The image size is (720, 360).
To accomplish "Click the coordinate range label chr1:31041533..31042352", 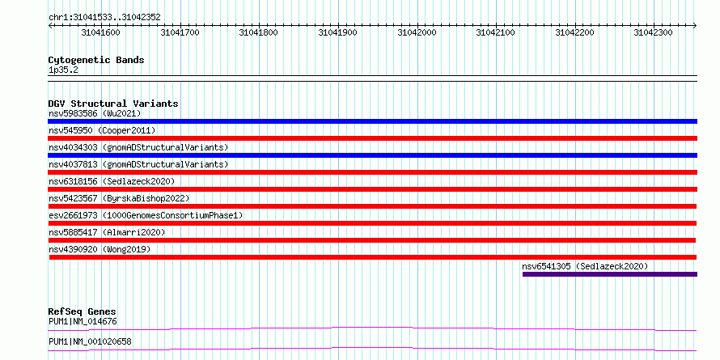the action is click(x=104, y=18).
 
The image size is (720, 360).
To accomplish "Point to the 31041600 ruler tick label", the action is click(x=100, y=32).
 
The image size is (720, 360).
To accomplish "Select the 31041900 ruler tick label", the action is click(x=337, y=32).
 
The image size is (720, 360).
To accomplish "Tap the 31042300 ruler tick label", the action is click(x=654, y=32).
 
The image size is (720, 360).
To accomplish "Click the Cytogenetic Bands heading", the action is click(x=96, y=60).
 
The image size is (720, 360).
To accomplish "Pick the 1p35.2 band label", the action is click(x=62, y=70).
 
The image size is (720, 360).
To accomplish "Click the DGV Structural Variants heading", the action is click(x=113, y=104).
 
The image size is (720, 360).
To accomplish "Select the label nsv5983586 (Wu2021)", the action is click(x=95, y=113).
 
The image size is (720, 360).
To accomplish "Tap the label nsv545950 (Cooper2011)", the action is click(x=102, y=130).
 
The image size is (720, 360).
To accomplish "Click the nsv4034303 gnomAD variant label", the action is click(x=138, y=147).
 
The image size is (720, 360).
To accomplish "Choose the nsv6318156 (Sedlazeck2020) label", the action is click(x=112, y=181).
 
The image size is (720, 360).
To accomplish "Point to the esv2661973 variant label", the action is click(x=146, y=215).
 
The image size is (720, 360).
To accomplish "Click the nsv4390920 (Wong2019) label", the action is click(x=100, y=249).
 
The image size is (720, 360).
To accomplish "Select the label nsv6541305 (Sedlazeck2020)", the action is click(x=585, y=266).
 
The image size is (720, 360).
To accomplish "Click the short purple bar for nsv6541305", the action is click(x=610, y=274).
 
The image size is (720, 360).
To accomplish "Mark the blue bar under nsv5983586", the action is click(x=372, y=121).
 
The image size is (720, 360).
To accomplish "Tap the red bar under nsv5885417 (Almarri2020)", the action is click(x=372, y=240).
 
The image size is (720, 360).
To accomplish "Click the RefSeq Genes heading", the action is click(x=83, y=312).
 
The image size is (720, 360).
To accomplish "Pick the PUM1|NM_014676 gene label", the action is click(x=83, y=321).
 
